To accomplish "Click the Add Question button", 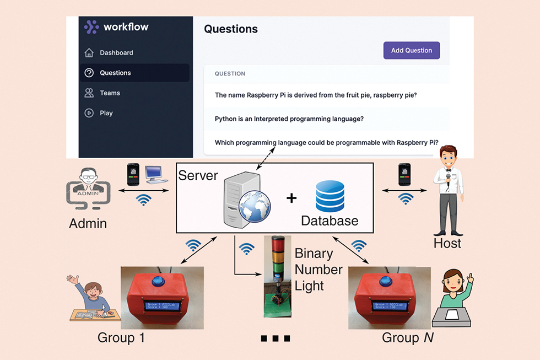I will click(x=412, y=50).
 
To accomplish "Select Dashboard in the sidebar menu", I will click(x=116, y=53).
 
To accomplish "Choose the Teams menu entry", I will click(x=110, y=93).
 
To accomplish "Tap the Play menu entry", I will click(x=106, y=113).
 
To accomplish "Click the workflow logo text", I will click(x=126, y=26).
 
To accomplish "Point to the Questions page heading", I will click(x=231, y=29).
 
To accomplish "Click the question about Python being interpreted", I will click(x=289, y=119).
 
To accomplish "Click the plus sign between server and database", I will click(x=291, y=198).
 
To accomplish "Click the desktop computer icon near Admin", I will click(x=155, y=174).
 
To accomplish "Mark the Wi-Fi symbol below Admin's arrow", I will click(x=144, y=200).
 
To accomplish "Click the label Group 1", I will click(x=121, y=337).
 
